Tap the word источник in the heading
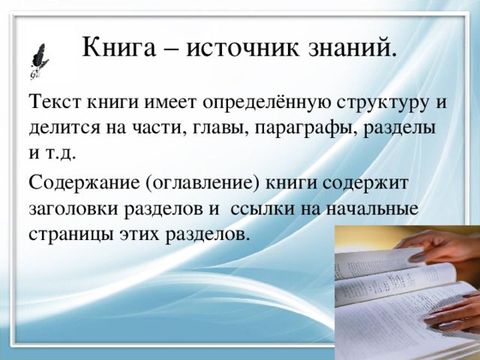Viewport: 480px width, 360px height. tap(241, 49)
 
